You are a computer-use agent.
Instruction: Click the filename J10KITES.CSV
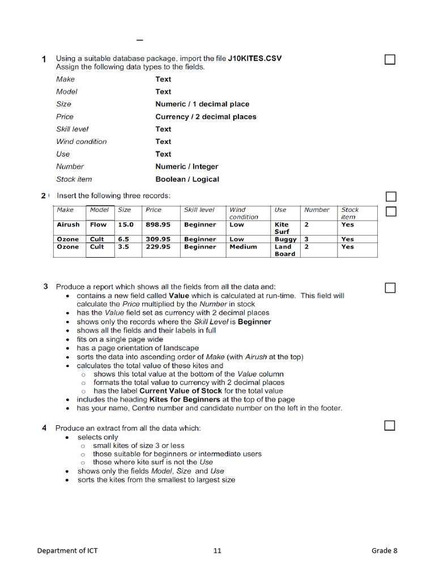point(254,58)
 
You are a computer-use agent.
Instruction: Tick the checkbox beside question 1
point(390,59)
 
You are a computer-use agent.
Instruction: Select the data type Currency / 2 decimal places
point(206,117)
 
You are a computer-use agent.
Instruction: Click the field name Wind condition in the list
point(81,142)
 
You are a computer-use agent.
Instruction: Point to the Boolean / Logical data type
point(187,179)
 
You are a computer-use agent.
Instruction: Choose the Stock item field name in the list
point(74,179)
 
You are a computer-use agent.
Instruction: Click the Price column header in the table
point(153,210)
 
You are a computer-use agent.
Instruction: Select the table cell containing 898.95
point(158,224)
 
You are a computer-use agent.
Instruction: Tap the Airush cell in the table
point(68,224)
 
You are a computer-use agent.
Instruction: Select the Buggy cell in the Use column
point(285,239)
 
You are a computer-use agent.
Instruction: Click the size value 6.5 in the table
point(123,239)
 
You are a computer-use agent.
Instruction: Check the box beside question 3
point(390,288)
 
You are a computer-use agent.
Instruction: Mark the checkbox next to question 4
point(390,425)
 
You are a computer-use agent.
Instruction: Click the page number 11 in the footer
point(217,551)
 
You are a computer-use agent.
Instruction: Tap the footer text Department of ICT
point(67,551)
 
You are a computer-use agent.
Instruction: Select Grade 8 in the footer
point(384,551)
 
